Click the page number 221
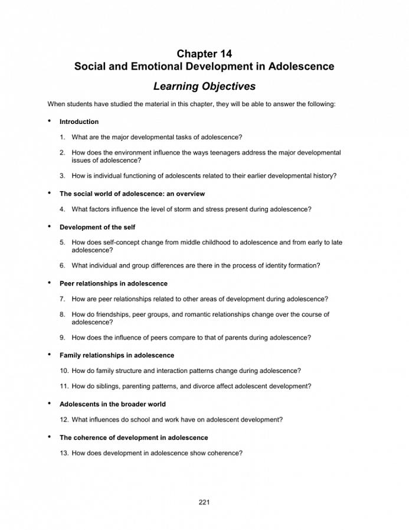pos(204,502)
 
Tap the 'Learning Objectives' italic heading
pos(204,86)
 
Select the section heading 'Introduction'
pos(79,122)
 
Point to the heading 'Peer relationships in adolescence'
pos(113,283)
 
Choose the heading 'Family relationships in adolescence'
pos(117,355)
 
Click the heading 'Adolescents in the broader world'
pos(112,404)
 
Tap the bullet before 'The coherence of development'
pos(50,437)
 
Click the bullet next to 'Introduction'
pos(50,121)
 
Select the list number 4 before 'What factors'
pos(62,209)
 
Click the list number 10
pos(64,371)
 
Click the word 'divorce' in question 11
pos(220,386)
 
